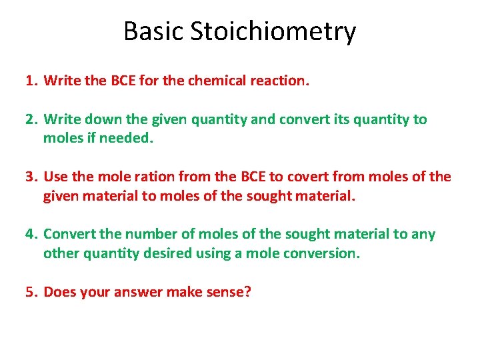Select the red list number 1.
[x=30, y=81]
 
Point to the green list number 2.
[x=30, y=119]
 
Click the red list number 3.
[x=30, y=177]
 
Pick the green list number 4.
[x=30, y=234]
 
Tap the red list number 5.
[x=30, y=291]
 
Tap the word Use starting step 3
[x=55, y=177]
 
